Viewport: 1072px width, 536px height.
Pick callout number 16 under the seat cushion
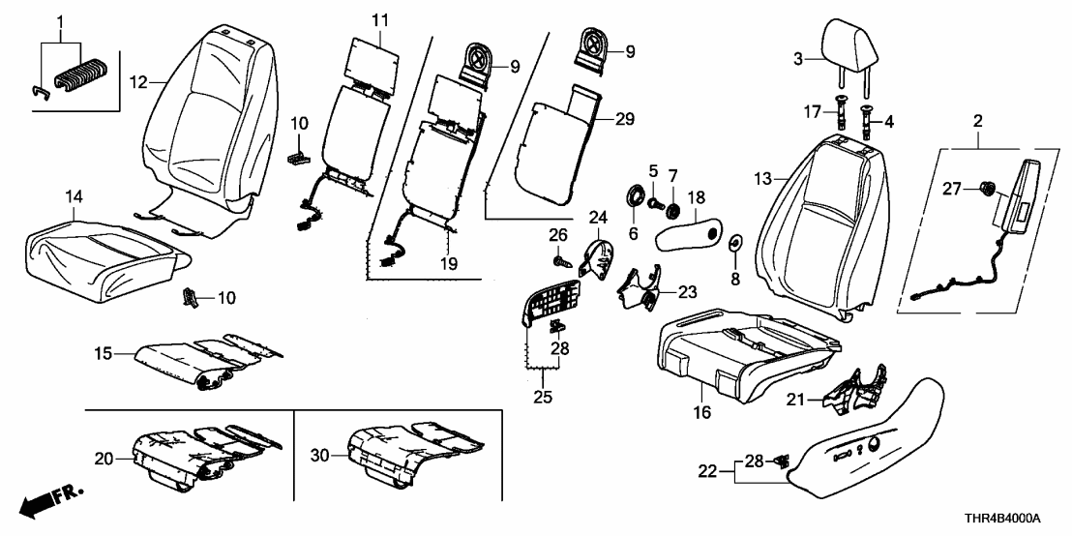coord(702,412)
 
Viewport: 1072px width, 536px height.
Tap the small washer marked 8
coord(732,241)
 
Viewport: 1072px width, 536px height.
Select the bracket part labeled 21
coord(856,391)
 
